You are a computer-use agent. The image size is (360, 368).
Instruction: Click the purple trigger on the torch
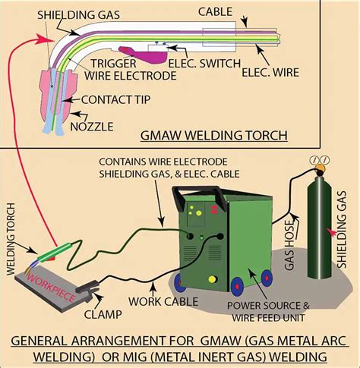144,55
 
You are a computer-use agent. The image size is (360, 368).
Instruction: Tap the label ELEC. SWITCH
204,64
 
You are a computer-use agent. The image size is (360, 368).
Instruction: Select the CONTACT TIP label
115,100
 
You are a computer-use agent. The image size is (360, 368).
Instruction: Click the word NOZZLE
92,127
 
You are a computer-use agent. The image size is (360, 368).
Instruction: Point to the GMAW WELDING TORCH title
214,135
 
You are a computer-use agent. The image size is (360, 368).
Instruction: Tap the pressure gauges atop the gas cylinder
320,160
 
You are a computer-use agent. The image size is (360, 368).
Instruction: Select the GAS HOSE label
289,245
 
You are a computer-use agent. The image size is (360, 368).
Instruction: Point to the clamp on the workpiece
87,288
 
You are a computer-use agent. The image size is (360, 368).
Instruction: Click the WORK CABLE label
163,301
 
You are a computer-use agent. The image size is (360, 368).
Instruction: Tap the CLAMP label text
103,315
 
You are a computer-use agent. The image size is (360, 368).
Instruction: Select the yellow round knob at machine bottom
212,279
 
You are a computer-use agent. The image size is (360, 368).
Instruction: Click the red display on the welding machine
214,209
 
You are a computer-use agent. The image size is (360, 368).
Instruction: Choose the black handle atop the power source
199,196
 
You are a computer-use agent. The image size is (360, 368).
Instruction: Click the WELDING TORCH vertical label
11,239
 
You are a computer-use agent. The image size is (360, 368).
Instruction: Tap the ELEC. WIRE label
270,73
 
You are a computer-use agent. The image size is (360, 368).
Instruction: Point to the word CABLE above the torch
215,12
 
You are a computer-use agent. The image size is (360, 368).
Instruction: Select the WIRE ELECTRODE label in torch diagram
131,76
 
